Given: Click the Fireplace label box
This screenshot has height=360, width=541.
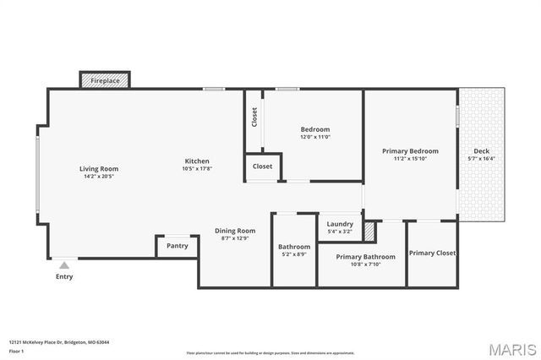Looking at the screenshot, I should point(106,80).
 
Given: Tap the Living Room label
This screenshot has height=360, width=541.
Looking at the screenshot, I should point(99,168).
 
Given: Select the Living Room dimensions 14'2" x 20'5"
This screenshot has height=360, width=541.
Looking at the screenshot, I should point(99,177).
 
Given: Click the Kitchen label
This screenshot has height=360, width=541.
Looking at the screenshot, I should point(197,161).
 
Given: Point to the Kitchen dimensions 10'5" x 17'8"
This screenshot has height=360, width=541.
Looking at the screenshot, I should point(197,169).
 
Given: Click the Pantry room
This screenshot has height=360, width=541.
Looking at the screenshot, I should point(177,246).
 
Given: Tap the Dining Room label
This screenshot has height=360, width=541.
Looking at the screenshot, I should point(234,231).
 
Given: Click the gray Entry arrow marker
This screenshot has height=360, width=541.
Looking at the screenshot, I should point(64,265).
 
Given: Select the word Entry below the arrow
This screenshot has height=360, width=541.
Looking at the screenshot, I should point(64,276).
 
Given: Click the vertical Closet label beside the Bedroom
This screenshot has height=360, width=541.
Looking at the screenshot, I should point(254,117).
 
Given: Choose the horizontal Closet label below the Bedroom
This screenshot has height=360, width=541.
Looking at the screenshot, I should point(263,166).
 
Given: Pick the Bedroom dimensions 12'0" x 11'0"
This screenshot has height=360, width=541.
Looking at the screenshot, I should point(314,137).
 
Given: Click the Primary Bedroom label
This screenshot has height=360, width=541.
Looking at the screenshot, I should point(410,150).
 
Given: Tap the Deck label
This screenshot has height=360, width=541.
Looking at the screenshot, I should point(481,150).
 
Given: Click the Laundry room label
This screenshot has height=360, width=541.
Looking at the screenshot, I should point(340,224).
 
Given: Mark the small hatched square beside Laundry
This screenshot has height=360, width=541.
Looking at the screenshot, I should point(369,231).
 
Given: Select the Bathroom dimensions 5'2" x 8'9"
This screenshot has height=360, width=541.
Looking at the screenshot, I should point(294,254).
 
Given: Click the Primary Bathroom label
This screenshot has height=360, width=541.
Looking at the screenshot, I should point(365,256).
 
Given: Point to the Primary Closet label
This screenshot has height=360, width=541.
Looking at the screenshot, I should point(432,253).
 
